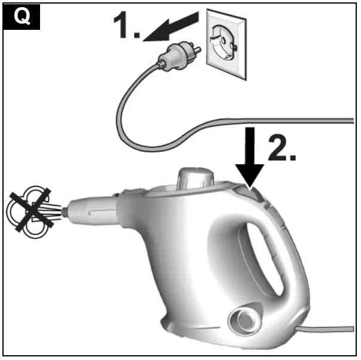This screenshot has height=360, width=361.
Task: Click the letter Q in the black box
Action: tap(22, 16)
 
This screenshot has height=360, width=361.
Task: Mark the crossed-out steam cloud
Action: tap(30, 208)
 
